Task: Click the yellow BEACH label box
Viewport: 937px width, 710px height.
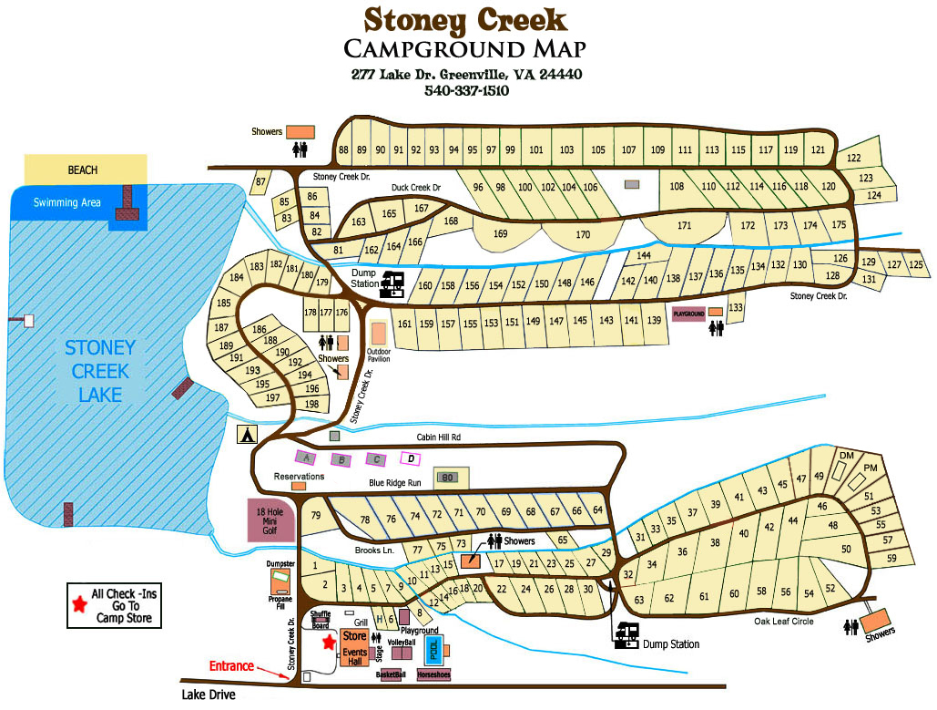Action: pos(84,170)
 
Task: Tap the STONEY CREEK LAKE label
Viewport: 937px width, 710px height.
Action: pos(99,371)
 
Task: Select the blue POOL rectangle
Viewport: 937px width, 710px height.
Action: pos(434,649)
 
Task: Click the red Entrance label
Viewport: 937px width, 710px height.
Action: pos(231,666)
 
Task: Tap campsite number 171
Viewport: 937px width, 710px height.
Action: pos(684,225)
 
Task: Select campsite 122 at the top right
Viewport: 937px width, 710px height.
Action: pos(853,158)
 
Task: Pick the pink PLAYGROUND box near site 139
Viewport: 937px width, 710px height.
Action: pos(688,314)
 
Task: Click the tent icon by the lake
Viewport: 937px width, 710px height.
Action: pos(246,435)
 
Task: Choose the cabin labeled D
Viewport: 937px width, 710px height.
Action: pos(412,458)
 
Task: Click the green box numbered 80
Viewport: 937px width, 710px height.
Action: pos(448,477)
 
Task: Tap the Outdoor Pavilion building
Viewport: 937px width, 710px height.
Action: pos(378,334)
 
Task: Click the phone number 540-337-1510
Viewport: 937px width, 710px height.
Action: pos(466,91)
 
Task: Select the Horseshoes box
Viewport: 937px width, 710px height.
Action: pos(433,675)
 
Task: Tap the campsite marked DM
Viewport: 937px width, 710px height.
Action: pos(846,456)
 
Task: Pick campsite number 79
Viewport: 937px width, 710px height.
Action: pos(316,516)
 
